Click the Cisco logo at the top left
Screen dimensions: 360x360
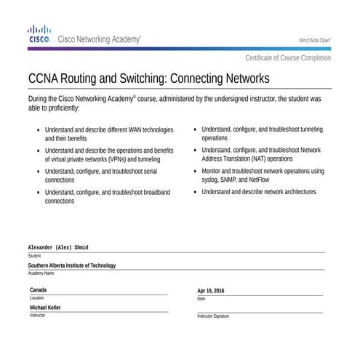click(38, 34)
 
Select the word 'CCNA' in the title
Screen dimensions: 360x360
click(44, 77)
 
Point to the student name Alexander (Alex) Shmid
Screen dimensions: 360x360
click(58, 248)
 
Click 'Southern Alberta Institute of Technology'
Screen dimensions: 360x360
click(71, 265)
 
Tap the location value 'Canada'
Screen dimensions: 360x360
click(38, 290)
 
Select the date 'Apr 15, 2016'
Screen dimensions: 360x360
click(211, 291)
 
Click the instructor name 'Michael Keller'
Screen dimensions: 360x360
click(45, 308)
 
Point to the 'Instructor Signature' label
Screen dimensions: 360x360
click(213, 316)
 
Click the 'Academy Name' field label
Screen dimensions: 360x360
click(41, 273)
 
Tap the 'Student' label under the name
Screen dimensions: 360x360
click(34, 256)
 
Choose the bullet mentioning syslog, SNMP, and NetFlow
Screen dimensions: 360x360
click(263, 175)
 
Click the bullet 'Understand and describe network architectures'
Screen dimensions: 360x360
click(258, 192)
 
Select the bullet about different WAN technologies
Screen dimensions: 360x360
click(109, 133)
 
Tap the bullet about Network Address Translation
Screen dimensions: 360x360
click(261, 154)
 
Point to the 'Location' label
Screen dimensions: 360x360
click(36, 298)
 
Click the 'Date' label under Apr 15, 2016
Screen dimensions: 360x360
click(201, 299)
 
